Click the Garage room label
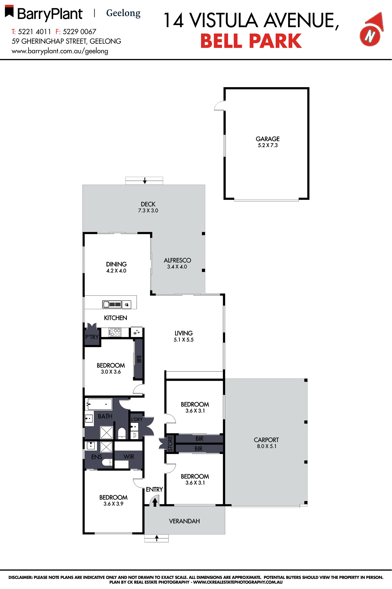[267, 139]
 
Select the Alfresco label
[177, 260]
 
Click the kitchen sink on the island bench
[112, 304]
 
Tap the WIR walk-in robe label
[129, 457]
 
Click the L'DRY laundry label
[137, 419]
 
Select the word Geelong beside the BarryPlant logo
[123, 13]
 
